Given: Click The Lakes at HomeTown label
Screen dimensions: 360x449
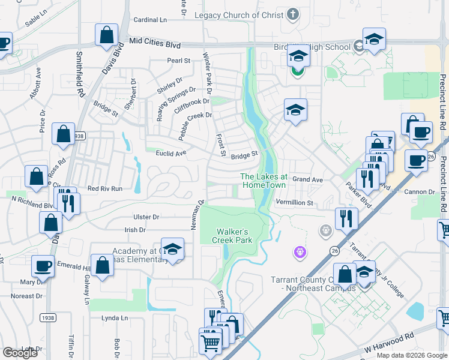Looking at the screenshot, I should click(x=264, y=181).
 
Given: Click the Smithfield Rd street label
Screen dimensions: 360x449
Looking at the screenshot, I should click(x=79, y=74).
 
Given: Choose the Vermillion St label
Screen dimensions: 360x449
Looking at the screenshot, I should click(x=295, y=203).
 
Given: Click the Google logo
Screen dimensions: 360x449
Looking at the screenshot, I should click(x=20, y=352).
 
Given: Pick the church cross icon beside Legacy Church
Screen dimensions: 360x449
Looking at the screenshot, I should click(x=292, y=14).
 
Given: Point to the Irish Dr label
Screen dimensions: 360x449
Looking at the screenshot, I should click(x=134, y=230).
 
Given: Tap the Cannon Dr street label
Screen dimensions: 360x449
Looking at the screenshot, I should click(x=418, y=192).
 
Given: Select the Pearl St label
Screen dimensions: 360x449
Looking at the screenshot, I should click(x=178, y=61).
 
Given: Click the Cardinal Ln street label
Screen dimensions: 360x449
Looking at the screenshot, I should click(x=150, y=20).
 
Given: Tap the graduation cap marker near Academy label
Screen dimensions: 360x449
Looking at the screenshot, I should click(x=172, y=250).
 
